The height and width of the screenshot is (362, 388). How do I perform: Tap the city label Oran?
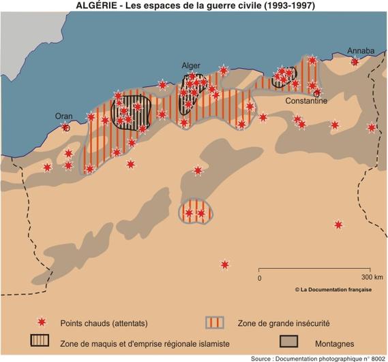[x=63, y=116]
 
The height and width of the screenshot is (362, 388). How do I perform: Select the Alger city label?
[x=191, y=65]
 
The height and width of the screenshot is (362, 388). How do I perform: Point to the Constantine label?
[x=306, y=101]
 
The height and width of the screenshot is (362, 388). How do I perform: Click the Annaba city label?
[x=361, y=51]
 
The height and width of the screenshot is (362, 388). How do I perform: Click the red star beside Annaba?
[x=355, y=62]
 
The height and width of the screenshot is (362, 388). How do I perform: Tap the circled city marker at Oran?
[x=66, y=127]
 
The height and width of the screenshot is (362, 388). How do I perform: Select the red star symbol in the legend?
[x=42, y=322]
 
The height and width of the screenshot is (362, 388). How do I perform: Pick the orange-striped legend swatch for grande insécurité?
[x=216, y=322]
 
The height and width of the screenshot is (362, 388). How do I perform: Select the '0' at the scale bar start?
[x=260, y=278]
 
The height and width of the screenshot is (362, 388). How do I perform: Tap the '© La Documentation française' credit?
[x=333, y=289]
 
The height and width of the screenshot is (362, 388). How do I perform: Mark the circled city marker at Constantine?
[x=316, y=93]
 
